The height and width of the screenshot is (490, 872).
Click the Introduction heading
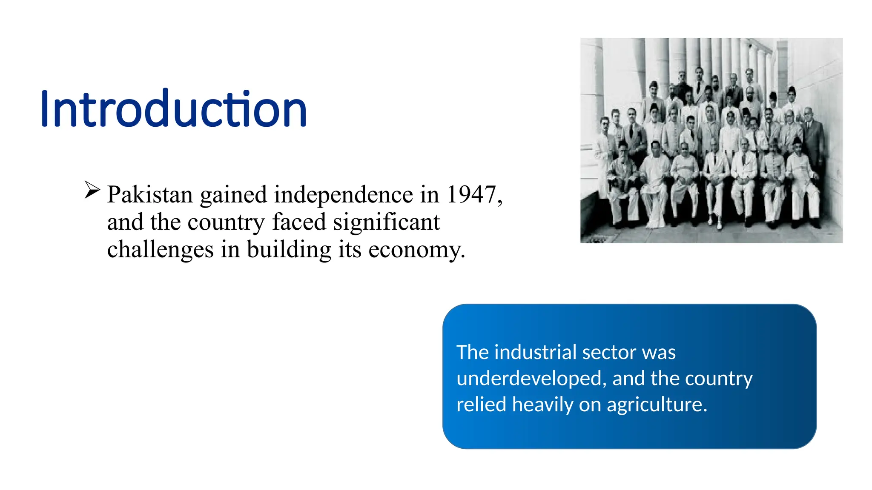click(x=174, y=109)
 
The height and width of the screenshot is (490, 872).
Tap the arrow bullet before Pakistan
click(x=92, y=190)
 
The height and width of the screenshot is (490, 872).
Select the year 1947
click(x=471, y=195)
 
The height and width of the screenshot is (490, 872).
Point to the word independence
click(x=343, y=195)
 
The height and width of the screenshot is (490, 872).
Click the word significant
click(x=386, y=222)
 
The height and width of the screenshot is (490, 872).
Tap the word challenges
click(x=160, y=250)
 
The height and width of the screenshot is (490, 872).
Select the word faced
click(x=299, y=222)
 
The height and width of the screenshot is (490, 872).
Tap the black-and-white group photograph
click(x=711, y=140)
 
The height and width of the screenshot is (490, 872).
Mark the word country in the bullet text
click(x=226, y=223)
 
